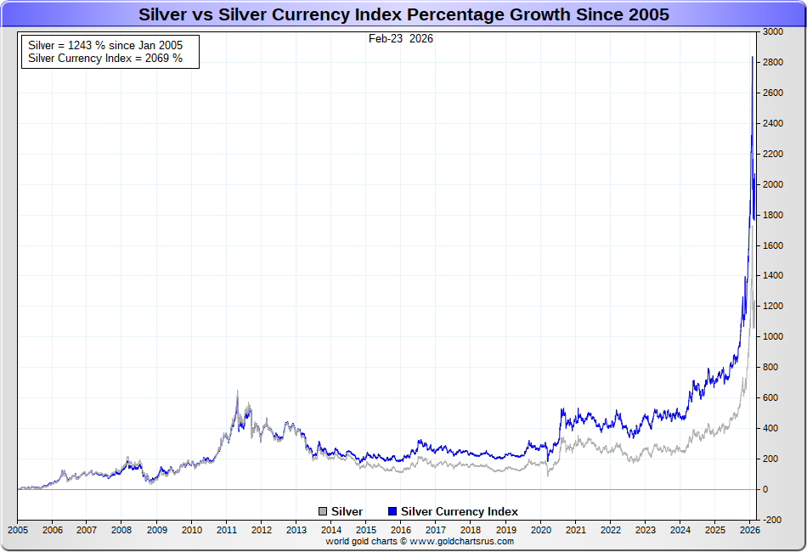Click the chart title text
point(403,14)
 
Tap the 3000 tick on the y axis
point(772,31)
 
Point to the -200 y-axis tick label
point(772,520)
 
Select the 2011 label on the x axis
point(226,530)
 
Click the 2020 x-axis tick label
point(540,530)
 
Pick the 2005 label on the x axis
point(17,530)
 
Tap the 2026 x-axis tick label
point(749,530)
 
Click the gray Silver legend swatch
point(323,511)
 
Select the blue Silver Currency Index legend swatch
point(392,511)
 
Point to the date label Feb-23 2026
point(401,39)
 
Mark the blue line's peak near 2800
point(753,57)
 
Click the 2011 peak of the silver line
point(237,391)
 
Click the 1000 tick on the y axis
point(772,336)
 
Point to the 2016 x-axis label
point(400,530)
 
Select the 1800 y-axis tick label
point(772,215)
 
